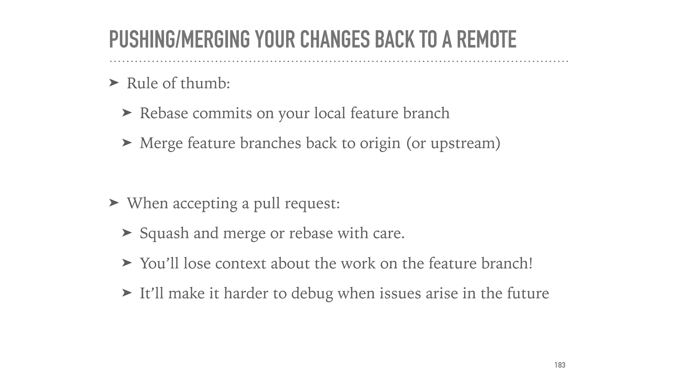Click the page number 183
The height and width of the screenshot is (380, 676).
click(560, 365)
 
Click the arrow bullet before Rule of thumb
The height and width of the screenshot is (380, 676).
click(114, 83)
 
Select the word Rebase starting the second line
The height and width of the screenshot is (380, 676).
click(164, 113)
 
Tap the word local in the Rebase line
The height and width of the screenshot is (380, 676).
click(330, 113)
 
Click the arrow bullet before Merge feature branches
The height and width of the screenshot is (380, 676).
click(127, 143)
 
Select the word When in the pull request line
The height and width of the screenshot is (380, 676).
click(148, 203)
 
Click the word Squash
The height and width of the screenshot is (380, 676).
click(164, 234)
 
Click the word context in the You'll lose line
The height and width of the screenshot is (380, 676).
click(240, 264)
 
